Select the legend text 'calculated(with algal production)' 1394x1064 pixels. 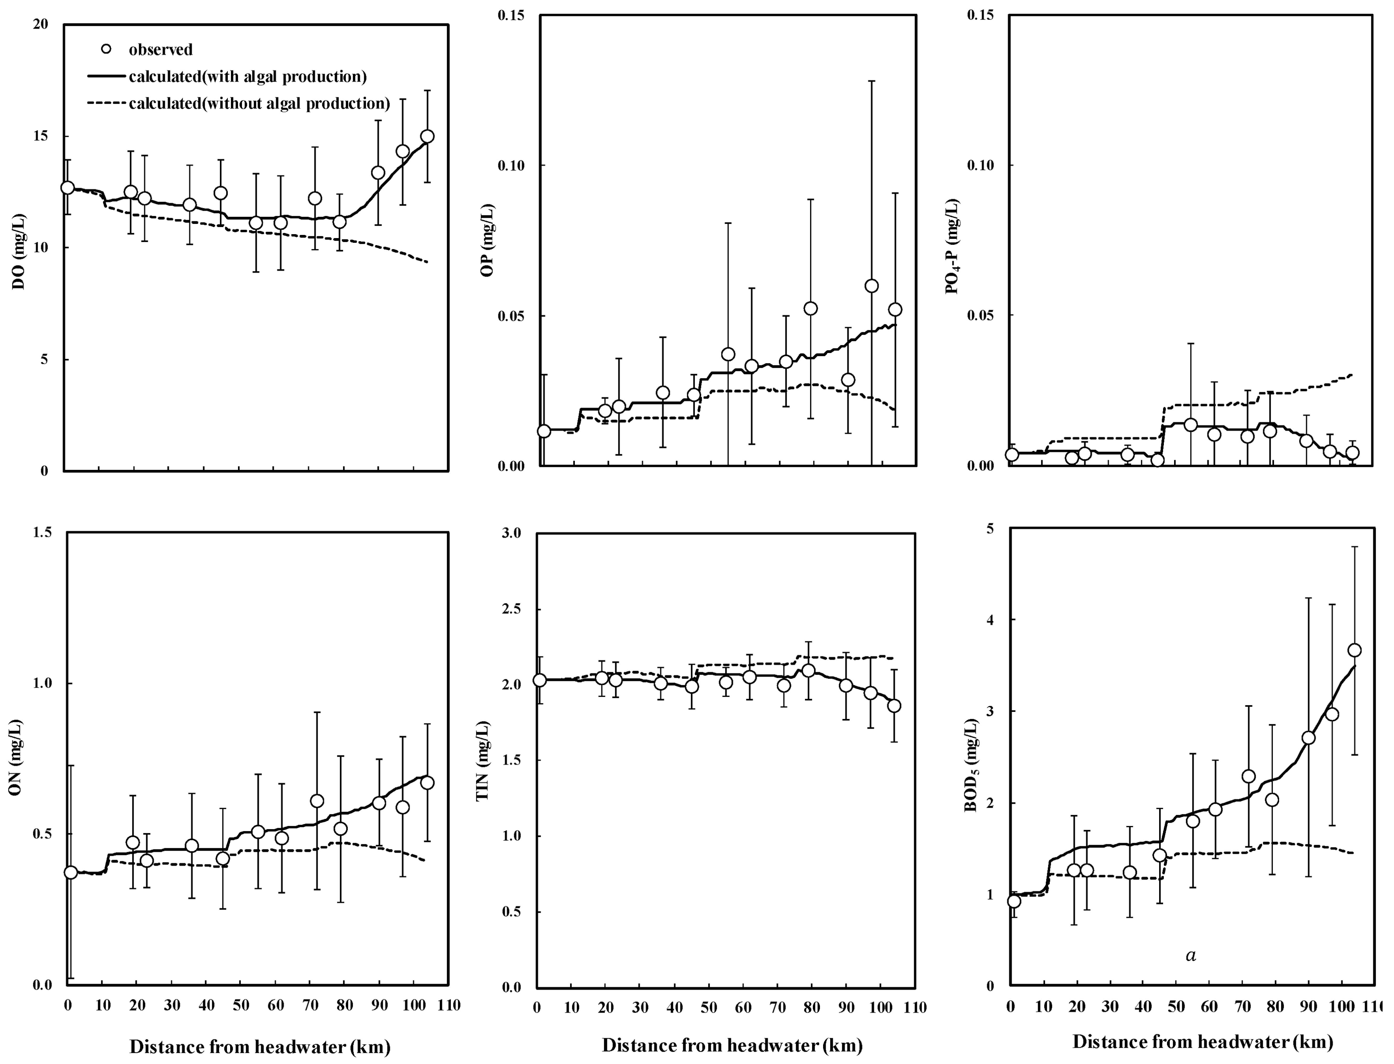coord(247,77)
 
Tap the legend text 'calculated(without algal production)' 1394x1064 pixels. coord(259,103)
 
